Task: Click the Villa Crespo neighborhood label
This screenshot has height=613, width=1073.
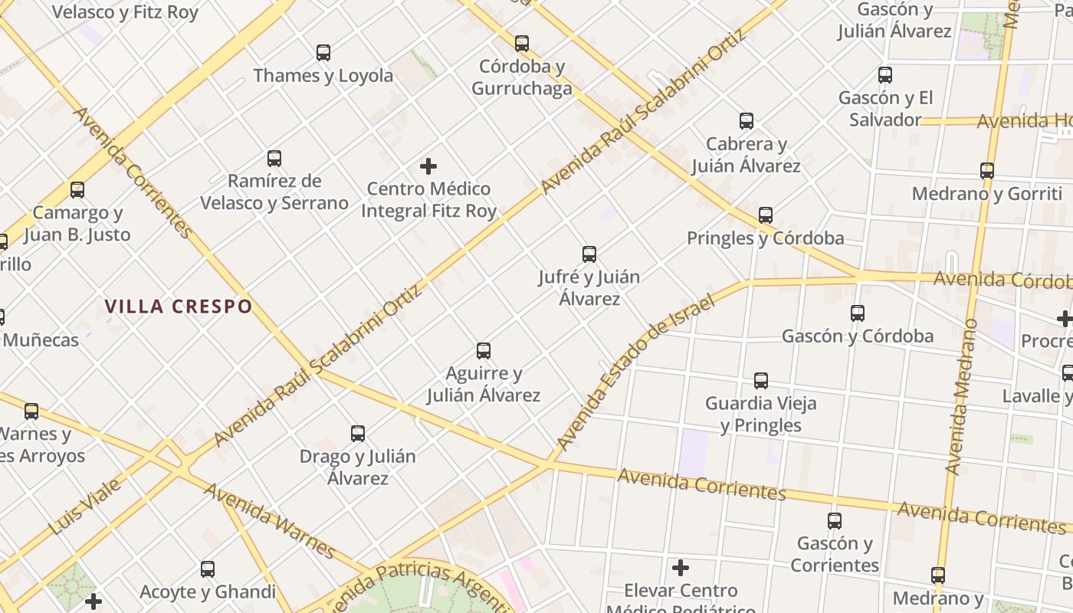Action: click(x=178, y=306)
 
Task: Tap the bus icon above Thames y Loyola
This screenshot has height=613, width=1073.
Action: click(x=323, y=53)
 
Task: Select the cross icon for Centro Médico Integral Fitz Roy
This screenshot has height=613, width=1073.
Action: click(x=428, y=166)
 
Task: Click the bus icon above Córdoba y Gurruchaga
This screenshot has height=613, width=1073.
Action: click(x=522, y=44)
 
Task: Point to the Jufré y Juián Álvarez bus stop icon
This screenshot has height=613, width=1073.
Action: click(x=589, y=254)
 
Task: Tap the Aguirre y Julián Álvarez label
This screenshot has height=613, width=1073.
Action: click(x=484, y=385)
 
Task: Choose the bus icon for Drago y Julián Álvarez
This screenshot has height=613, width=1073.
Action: click(x=358, y=434)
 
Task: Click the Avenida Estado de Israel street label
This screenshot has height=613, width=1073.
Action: click(x=633, y=373)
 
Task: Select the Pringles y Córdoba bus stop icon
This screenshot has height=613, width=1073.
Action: click(x=765, y=215)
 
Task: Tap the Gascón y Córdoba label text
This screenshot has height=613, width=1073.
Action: click(x=857, y=336)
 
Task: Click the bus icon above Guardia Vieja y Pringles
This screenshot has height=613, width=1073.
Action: click(x=760, y=381)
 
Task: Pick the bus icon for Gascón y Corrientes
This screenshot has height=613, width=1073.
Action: click(x=835, y=521)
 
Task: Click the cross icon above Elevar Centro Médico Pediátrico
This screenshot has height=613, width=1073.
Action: click(x=680, y=568)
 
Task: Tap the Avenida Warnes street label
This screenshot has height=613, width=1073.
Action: click(x=269, y=521)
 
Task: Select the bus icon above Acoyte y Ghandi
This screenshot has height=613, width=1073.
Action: click(x=208, y=569)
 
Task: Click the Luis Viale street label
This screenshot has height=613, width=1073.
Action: click(x=84, y=507)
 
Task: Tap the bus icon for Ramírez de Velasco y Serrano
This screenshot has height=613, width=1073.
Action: click(x=274, y=159)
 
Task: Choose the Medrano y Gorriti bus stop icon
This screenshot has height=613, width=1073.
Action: click(x=987, y=171)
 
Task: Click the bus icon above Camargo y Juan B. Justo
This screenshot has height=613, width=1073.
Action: click(x=77, y=190)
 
